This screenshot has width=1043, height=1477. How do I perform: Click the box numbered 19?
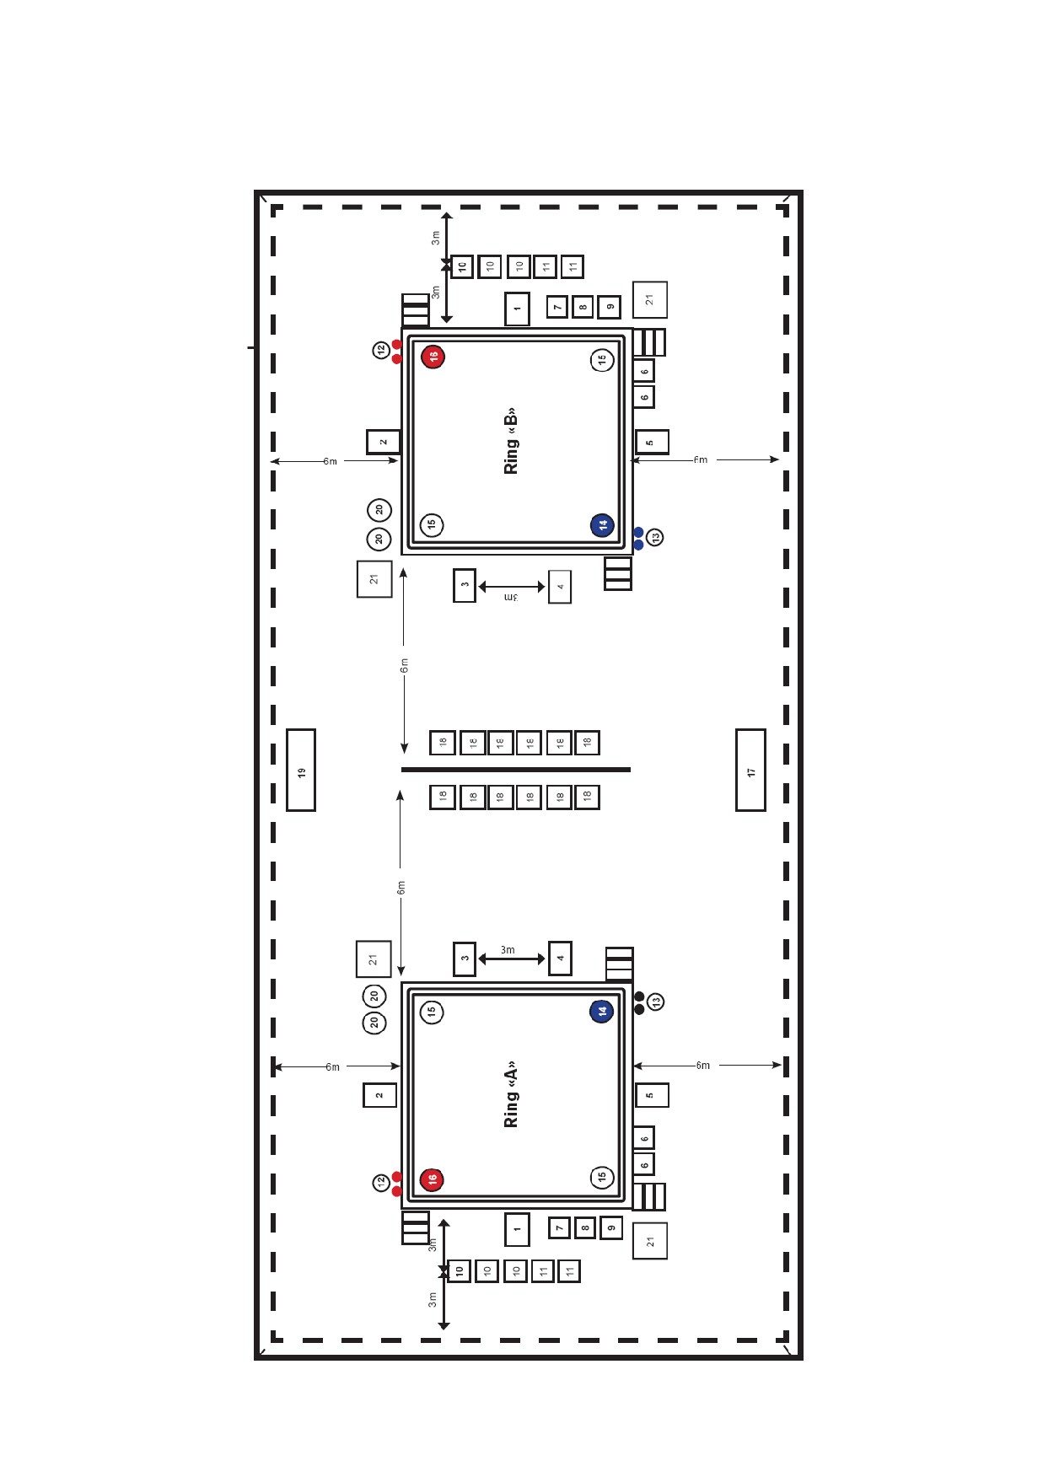301,770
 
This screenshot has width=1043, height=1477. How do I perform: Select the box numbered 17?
750,770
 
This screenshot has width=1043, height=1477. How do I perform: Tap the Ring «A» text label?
510,1094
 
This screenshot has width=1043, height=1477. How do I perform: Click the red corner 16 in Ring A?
432,1179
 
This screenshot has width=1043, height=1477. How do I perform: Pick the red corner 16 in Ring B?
433,357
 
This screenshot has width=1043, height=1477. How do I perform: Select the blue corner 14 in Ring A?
601,1011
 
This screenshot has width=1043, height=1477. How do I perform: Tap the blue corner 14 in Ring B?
602,524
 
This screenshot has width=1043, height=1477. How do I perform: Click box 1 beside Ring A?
517,1229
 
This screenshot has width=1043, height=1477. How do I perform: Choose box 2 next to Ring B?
383,441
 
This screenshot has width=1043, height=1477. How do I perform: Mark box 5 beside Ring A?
651,1095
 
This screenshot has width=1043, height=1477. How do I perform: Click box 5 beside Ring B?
651,442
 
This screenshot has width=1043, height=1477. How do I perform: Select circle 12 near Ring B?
381,349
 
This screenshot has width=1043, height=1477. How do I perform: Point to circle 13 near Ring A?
656,1002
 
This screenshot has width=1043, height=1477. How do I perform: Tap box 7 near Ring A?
559,1227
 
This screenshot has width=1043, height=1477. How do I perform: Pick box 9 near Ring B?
609,307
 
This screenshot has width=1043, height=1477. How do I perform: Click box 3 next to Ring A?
465,959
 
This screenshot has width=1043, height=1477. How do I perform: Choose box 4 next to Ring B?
560,587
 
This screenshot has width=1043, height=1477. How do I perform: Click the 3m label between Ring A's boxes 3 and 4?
508,949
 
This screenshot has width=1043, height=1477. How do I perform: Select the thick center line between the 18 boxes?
516,770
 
